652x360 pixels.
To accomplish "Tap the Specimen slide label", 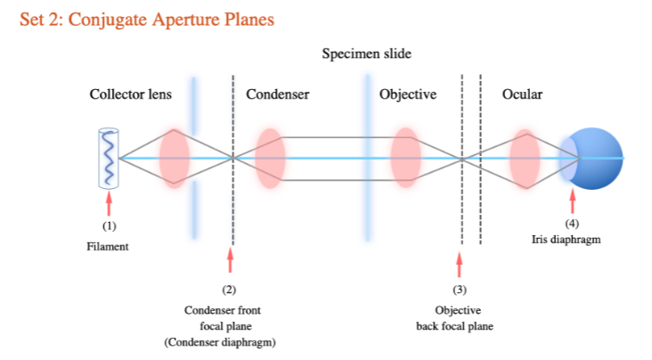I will [366, 54].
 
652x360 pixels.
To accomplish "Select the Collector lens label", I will [130, 94].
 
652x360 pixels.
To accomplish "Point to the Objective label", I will [407, 94].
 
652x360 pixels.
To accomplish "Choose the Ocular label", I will [523, 94].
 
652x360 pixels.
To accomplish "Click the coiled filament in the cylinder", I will [108, 159].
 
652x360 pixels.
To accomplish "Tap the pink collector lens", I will [175, 159].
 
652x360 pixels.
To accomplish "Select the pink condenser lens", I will [269, 159].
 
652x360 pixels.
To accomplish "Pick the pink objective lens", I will [406, 159].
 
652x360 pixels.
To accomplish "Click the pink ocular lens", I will [524, 159].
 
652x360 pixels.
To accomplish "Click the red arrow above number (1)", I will [109, 203].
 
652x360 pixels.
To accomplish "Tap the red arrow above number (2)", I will [230, 260].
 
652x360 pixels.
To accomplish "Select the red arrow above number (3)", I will [460, 264].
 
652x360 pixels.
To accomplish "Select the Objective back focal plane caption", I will [454, 318].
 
